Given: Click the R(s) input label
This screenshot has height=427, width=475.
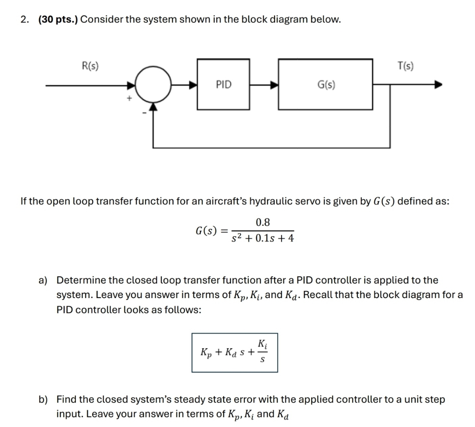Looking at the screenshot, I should [x=90, y=66].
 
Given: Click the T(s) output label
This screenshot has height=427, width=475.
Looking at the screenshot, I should [x=405, y=66].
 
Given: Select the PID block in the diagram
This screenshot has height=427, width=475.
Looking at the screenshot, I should [x=223, y=84].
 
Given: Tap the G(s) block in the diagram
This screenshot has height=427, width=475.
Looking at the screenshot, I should [x=325, y=84].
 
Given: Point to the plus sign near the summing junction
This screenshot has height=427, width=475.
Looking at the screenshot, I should [x=128, y=98].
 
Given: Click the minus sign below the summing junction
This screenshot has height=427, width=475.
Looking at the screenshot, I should [x=144, y=114].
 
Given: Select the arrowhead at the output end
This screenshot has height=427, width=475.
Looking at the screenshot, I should [x=437, y=84].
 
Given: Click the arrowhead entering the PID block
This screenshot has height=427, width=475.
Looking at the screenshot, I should [x=193, y=84].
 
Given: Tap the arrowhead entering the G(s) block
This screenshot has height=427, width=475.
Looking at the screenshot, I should [x=274, y=84].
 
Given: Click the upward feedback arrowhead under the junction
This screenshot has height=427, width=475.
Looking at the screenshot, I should [x=153, y=107].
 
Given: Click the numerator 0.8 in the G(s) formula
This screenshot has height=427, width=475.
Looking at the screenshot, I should [x=263, y=223].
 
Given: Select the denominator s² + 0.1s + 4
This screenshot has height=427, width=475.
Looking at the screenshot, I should [x=263, y=238].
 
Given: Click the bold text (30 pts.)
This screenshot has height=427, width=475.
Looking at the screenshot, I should [x=59, y=19].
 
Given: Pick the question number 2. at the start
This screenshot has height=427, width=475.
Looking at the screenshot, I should [x=25, y=19].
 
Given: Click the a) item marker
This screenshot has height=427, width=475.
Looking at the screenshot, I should [x=43, y=280].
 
